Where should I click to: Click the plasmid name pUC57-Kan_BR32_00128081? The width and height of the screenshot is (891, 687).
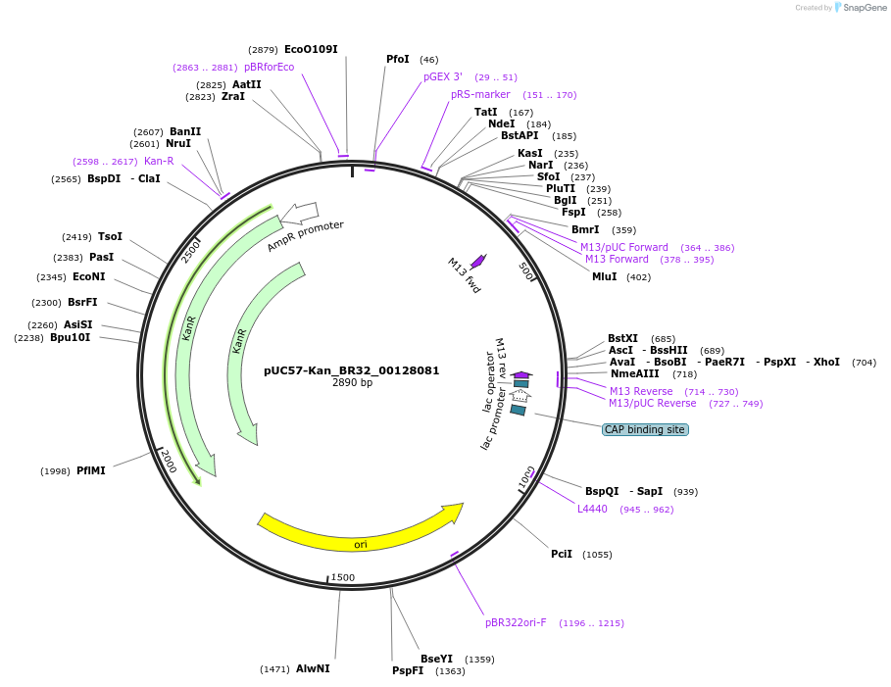pos(352,371)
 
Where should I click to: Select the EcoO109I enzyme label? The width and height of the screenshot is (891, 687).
pos(312,49)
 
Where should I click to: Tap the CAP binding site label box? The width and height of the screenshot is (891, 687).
pos(645,429)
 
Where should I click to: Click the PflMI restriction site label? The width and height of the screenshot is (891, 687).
pos(91,470)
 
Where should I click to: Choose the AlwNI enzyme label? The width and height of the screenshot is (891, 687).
pos(313,668)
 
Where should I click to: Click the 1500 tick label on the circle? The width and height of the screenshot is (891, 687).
pos(343,577)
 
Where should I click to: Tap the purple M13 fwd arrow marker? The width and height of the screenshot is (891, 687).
pos(478,261)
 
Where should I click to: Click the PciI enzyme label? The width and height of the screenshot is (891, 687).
pos(562,554)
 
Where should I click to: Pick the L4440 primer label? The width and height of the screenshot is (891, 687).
pos(592,509)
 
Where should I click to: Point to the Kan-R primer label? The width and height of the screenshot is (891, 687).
pos(159,161)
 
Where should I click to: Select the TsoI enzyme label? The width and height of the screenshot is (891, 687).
pos(110,236)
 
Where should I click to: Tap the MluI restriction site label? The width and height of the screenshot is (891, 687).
pos(605,276)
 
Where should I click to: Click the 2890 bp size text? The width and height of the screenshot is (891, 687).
pos(352,383)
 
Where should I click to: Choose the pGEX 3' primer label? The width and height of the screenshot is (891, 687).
pos(443,76)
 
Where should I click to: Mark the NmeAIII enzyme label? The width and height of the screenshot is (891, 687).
pos(635,373)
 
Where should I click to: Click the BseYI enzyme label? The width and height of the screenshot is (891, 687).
pos(437,659)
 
